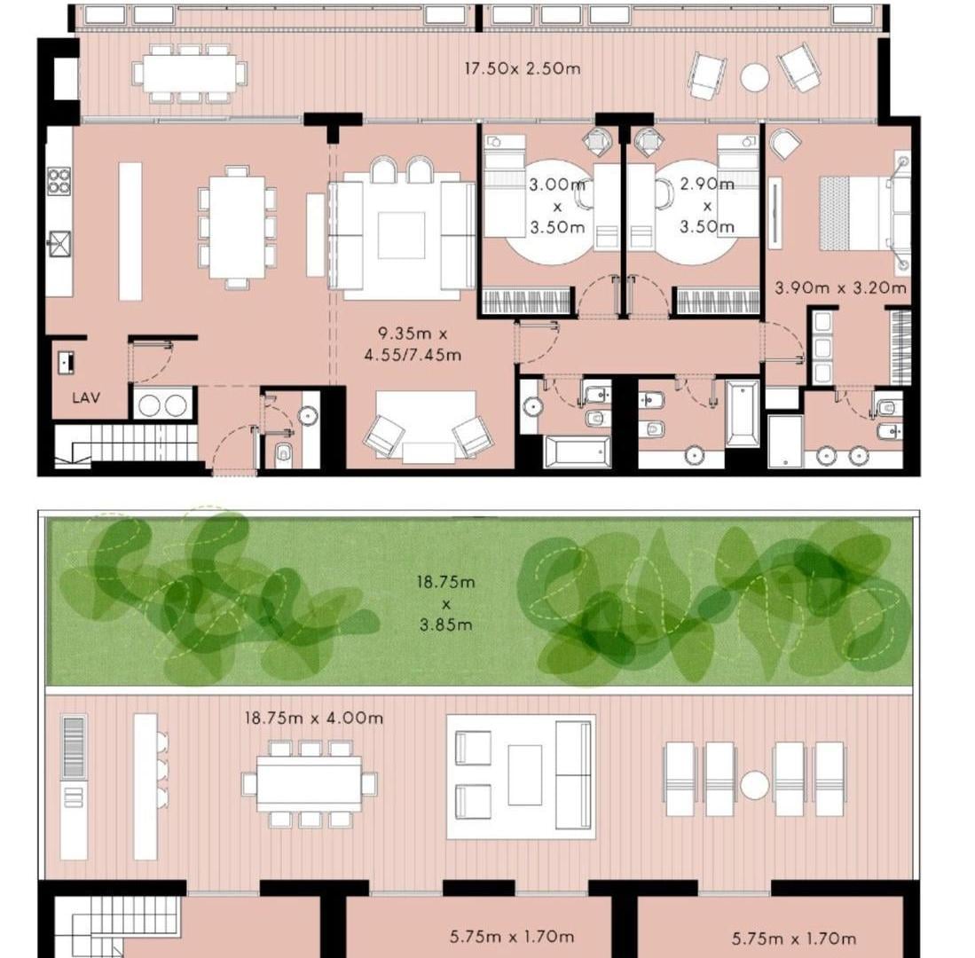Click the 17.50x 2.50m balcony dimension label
[x=523, y=67]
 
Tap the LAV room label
[x=86, y=398]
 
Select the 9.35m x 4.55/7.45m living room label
[x=413, y=344]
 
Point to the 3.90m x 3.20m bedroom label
[x=841, y=287]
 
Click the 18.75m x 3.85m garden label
[x=446, y=604]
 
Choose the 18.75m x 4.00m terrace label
[x=314, y=718]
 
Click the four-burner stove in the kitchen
[x=59, y=181]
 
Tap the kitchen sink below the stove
[x=59, y=243]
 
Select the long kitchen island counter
[x=130, y=232]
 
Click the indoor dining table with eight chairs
[x=237, y=228]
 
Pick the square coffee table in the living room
[x=402, y=235]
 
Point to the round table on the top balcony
[x=754, y=77]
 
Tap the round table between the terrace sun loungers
[x=754, y=784]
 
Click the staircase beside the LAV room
[x=128, y=443]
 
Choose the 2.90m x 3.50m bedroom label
[x=707, y=205]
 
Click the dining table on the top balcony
[x=190, y=73]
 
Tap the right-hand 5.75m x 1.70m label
[x=793, y=938]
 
